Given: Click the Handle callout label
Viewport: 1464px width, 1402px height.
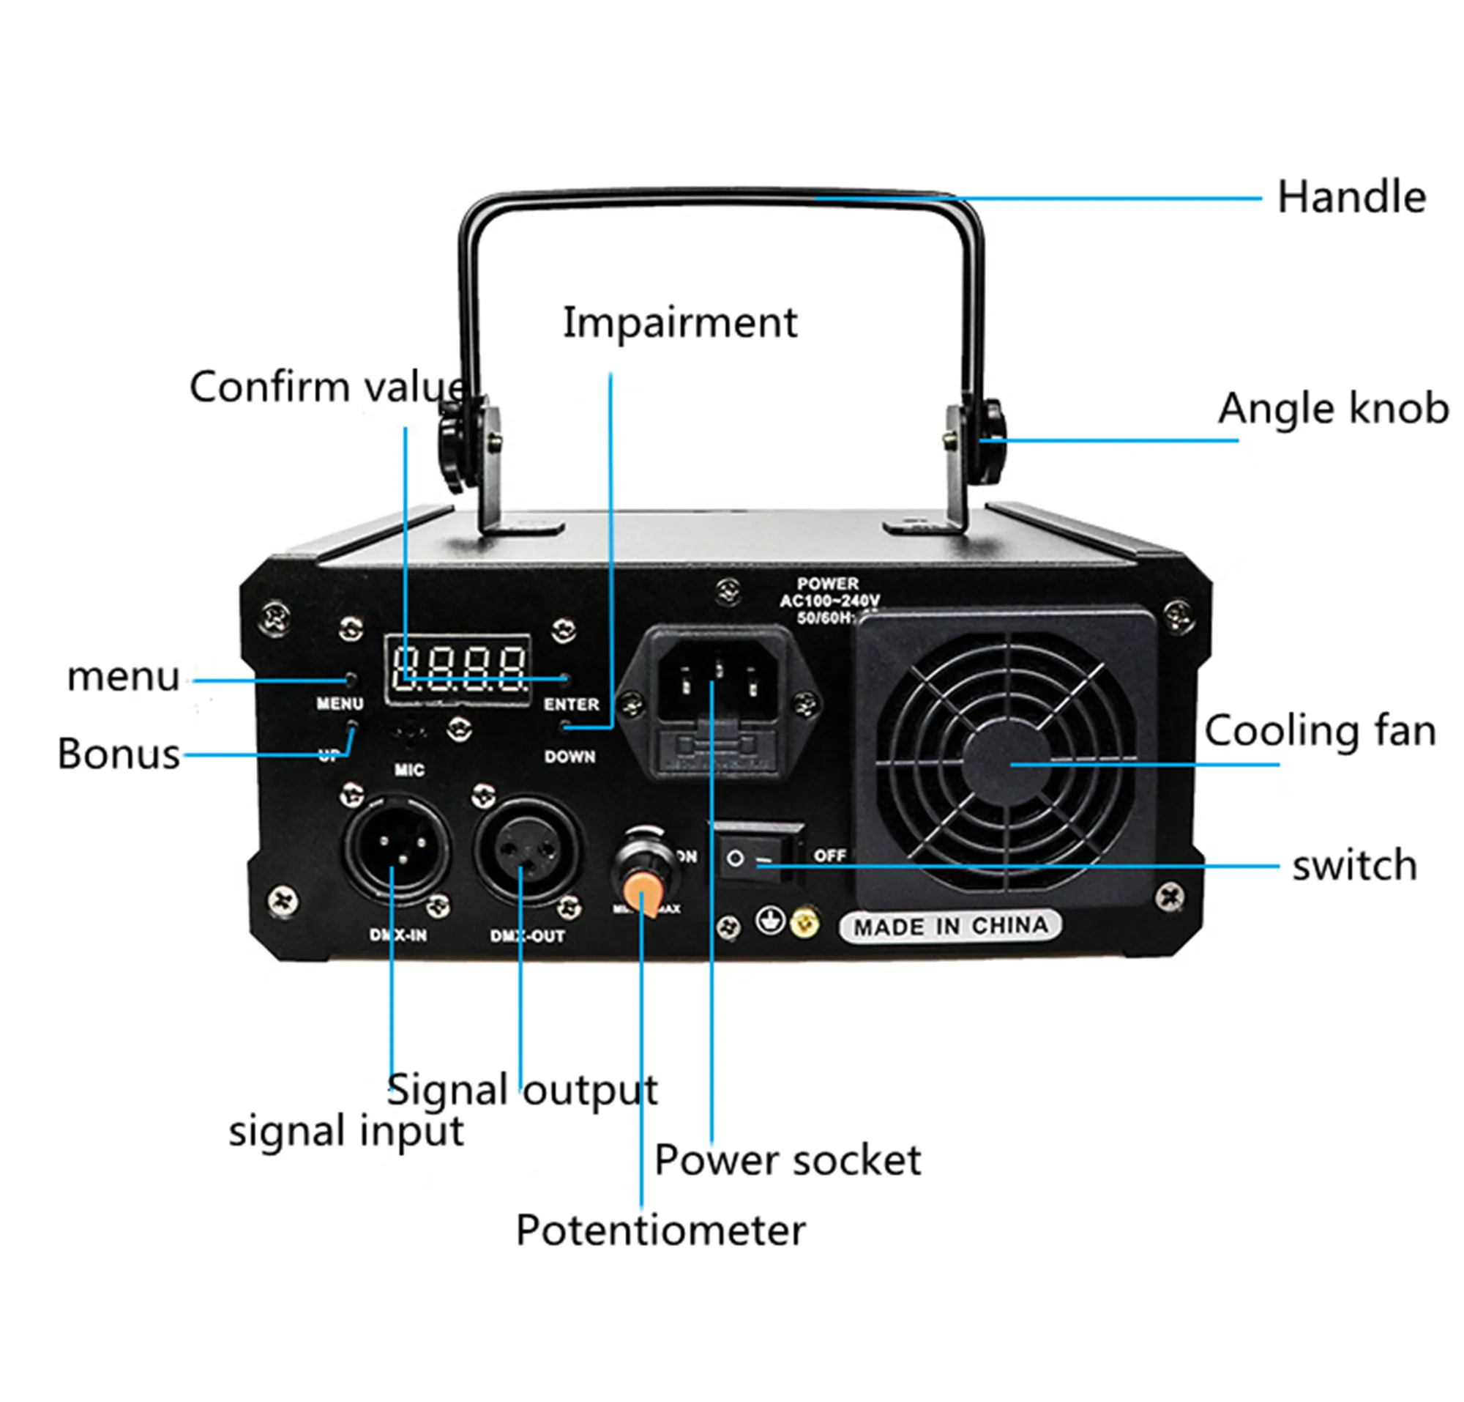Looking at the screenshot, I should pos(1351,197).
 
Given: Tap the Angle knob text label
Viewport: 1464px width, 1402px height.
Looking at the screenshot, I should pos(1333,409).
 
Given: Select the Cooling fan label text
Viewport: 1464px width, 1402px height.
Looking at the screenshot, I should pos(1320,731).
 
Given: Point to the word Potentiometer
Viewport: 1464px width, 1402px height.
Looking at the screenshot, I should pos(660,1230).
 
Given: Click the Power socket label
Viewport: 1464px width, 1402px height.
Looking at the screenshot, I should pos(788,1160).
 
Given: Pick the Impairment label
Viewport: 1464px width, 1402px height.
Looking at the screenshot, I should pos(680,323).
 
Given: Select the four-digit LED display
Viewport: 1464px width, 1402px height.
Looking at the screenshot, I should pos(458,670).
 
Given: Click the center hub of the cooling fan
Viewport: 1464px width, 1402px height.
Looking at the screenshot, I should pos(1005,764).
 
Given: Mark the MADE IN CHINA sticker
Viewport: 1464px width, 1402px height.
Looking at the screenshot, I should pos(950,927).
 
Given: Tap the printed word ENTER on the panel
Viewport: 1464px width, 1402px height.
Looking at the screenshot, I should pos(572,704).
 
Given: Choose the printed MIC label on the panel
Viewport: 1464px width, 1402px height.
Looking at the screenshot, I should pos(409,769).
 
